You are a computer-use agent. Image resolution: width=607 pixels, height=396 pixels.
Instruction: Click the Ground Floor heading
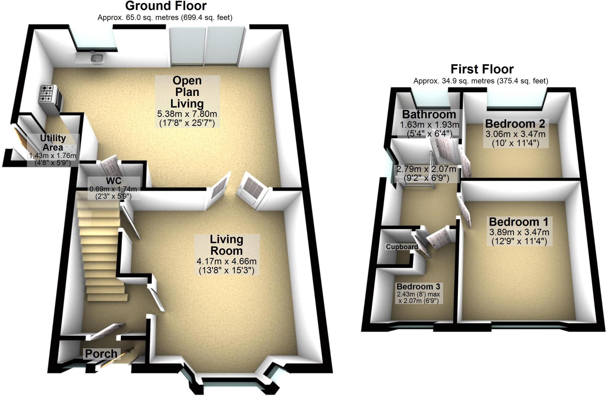coord(166,6)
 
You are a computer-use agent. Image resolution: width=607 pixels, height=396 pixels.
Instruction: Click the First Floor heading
coord(482,69)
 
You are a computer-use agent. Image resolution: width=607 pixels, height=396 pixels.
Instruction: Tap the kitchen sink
coord(97,57)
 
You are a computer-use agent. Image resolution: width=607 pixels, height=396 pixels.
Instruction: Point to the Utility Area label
coord(53,142)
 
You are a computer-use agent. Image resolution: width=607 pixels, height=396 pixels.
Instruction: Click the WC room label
coord(114,181)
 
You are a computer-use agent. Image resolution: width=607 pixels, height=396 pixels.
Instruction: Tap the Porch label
coord(101,354)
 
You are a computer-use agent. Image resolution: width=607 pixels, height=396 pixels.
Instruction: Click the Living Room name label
coord(226,245)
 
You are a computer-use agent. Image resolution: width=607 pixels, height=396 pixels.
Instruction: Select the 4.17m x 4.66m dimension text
coord(226,262)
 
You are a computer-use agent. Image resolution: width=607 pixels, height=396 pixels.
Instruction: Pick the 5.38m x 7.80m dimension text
coord(187,114)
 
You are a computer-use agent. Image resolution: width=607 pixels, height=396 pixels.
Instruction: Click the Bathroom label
coord(429,114)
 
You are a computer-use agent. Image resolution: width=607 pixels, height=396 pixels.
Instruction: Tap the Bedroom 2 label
coord(515,124)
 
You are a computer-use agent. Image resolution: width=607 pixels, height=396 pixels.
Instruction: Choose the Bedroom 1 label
coord(519,222)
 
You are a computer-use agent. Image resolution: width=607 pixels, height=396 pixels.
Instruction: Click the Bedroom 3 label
coord(418,287)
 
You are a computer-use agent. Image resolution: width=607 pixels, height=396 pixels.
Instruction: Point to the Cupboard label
coord(402,247)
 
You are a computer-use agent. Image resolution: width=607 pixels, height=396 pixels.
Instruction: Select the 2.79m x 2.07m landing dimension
coord(426,169)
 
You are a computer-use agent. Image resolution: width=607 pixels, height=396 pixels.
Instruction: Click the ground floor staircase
coord(101,249)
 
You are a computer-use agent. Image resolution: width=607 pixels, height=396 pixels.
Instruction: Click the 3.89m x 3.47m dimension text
coord(519,232)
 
